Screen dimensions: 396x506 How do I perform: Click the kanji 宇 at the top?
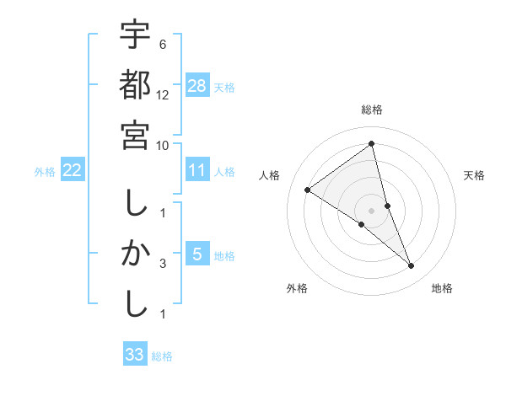coord(135,36)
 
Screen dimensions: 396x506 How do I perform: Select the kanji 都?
coord(135,85)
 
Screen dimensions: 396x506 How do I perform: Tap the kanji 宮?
coord(135,135)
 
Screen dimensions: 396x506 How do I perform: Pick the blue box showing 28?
coord(197,85)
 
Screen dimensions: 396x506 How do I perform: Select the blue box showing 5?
coord(197,254)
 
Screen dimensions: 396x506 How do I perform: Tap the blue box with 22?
coord(73,170)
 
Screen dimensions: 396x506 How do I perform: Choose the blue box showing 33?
coord(135,355)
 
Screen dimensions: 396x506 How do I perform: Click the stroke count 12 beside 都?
coord(163,95)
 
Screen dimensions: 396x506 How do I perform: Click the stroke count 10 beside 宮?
coord(163,145)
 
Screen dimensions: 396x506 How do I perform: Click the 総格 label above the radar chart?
coord(372,110)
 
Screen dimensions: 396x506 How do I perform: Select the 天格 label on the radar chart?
coord(475,175)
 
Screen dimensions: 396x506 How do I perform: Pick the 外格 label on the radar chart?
coord(297,288)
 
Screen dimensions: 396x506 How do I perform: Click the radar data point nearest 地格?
coord(412,266)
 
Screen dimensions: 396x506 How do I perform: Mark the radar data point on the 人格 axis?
coord(307,190)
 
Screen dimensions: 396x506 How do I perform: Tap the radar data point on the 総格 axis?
coord(372,143)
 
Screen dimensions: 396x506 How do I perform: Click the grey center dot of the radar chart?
coord(372,211)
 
